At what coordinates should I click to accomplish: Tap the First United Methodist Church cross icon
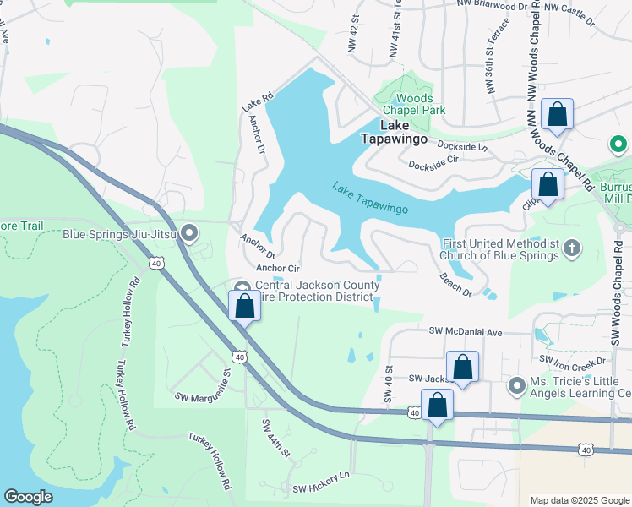(x=572, y=248)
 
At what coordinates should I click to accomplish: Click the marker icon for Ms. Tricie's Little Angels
(x=517, y=386)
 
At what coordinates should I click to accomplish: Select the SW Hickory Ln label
(x=320, y=482)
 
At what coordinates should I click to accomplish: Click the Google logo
(x=29, y=496)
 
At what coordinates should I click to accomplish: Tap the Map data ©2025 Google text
(x=580, y=499)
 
